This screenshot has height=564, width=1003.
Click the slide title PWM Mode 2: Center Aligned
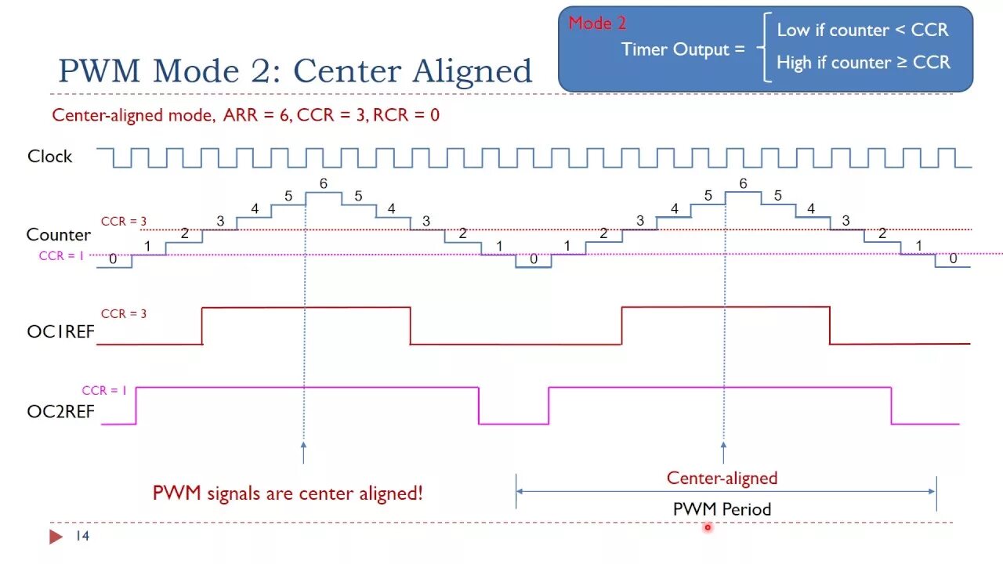click(x=295, y=71)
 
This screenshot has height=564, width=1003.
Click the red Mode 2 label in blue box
click(x=597, y=23)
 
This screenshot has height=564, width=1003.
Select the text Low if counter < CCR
click(x=862, y=31)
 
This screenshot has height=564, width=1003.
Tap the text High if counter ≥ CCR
click(x=863, y=63)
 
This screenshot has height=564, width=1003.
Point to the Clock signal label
click(x=49, y=157)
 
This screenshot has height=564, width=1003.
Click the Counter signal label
click(x=58, y=235)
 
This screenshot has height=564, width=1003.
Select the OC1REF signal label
click(x=60, y=331)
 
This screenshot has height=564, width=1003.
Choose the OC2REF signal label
click(x=60, y=411)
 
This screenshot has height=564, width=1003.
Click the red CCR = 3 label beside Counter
click(x=124, y=222)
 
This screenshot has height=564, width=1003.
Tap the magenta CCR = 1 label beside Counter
click(x=61, y=256)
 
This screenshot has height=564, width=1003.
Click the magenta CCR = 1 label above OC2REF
click(x=104, y=391)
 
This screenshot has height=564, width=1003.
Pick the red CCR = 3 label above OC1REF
click(x=124, y=314)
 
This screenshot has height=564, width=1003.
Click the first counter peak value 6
click(x=323, y=184)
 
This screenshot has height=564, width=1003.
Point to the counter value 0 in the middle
click(x=534, y=259)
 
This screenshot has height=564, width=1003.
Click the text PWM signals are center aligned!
click(x=288, y=493)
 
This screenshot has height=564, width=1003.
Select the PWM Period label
click(x=722, y=509)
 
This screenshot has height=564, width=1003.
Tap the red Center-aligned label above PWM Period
click(x=722, y=478)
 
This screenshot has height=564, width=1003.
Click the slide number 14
click(x=82, y=537)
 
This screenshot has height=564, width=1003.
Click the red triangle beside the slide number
click(x=56, y=537)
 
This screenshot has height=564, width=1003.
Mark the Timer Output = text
click(x=683, y=49)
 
